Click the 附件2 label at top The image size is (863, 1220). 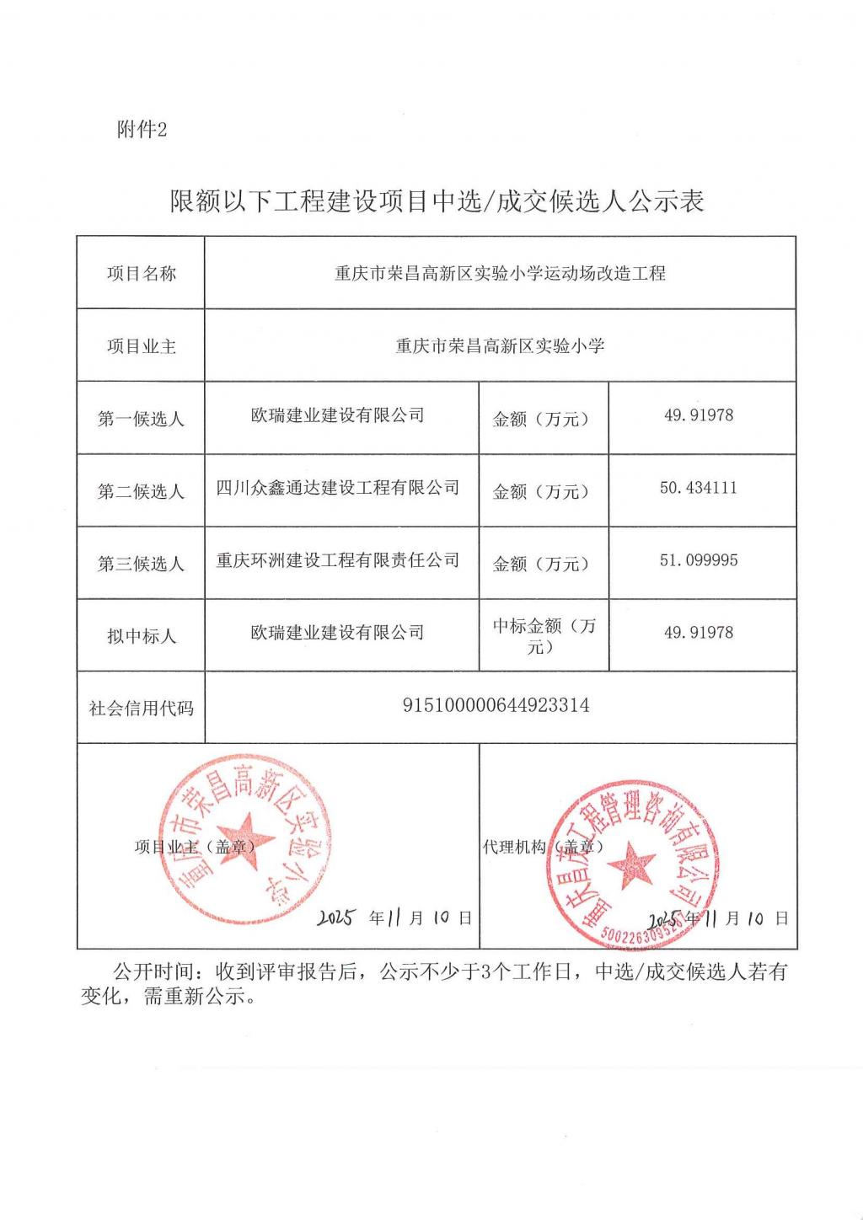pos(142,129)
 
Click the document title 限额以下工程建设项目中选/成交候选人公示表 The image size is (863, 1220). pos(437,201)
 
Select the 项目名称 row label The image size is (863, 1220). pos(141,273)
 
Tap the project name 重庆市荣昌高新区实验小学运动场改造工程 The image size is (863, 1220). pos(500,273)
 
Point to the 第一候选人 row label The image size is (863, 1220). pos(141,419)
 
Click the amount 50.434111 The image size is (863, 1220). pos(698,488)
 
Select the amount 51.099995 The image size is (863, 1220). pos(698,560)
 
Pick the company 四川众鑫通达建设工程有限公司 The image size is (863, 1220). pos(338,488)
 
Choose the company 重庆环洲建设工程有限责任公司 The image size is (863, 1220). pos(338,560)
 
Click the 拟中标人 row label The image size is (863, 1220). pos(141,636)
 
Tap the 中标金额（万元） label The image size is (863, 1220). pos(544,636)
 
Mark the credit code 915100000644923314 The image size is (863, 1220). pos(496,705)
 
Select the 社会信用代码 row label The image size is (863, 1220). pos(141,709)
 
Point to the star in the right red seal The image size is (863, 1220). pos(631,866)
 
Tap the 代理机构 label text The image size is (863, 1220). pos(514,847)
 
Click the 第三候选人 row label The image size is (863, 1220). pos(141,564)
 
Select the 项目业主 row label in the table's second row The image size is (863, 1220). pos(141,346)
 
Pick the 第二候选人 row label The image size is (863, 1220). pos(141,491)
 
